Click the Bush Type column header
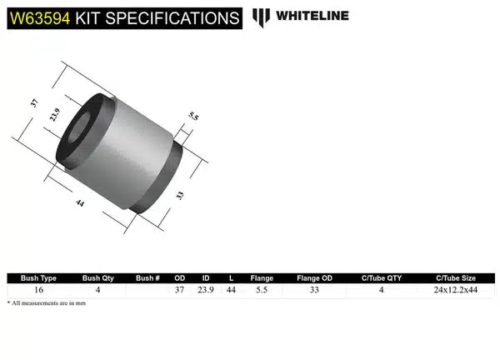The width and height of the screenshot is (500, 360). [38, 278]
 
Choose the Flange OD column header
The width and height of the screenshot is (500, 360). [313, 278]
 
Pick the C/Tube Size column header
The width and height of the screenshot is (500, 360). [456, 278]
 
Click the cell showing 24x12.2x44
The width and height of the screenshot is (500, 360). [456, 290]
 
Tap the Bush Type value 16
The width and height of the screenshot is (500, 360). [38, 290]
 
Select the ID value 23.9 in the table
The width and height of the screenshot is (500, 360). [205, 290]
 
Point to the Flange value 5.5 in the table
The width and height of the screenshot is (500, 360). [262, 290]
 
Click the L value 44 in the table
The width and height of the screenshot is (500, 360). [232, 290]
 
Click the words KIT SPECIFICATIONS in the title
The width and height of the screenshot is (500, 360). [154, 17]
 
